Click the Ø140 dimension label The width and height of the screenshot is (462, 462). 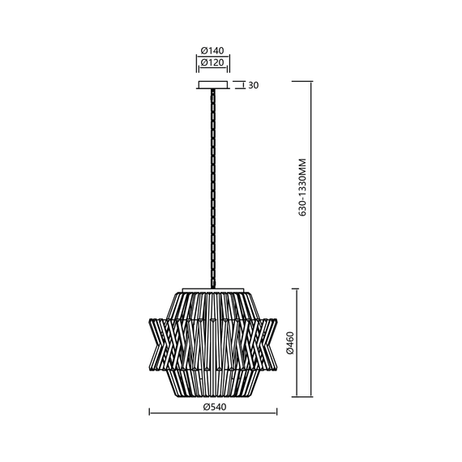coord(213,50)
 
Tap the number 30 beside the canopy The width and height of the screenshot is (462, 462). coord(254,83)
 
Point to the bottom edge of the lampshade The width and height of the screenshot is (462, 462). coord(213,396)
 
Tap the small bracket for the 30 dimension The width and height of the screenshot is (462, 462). coord(238,83)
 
